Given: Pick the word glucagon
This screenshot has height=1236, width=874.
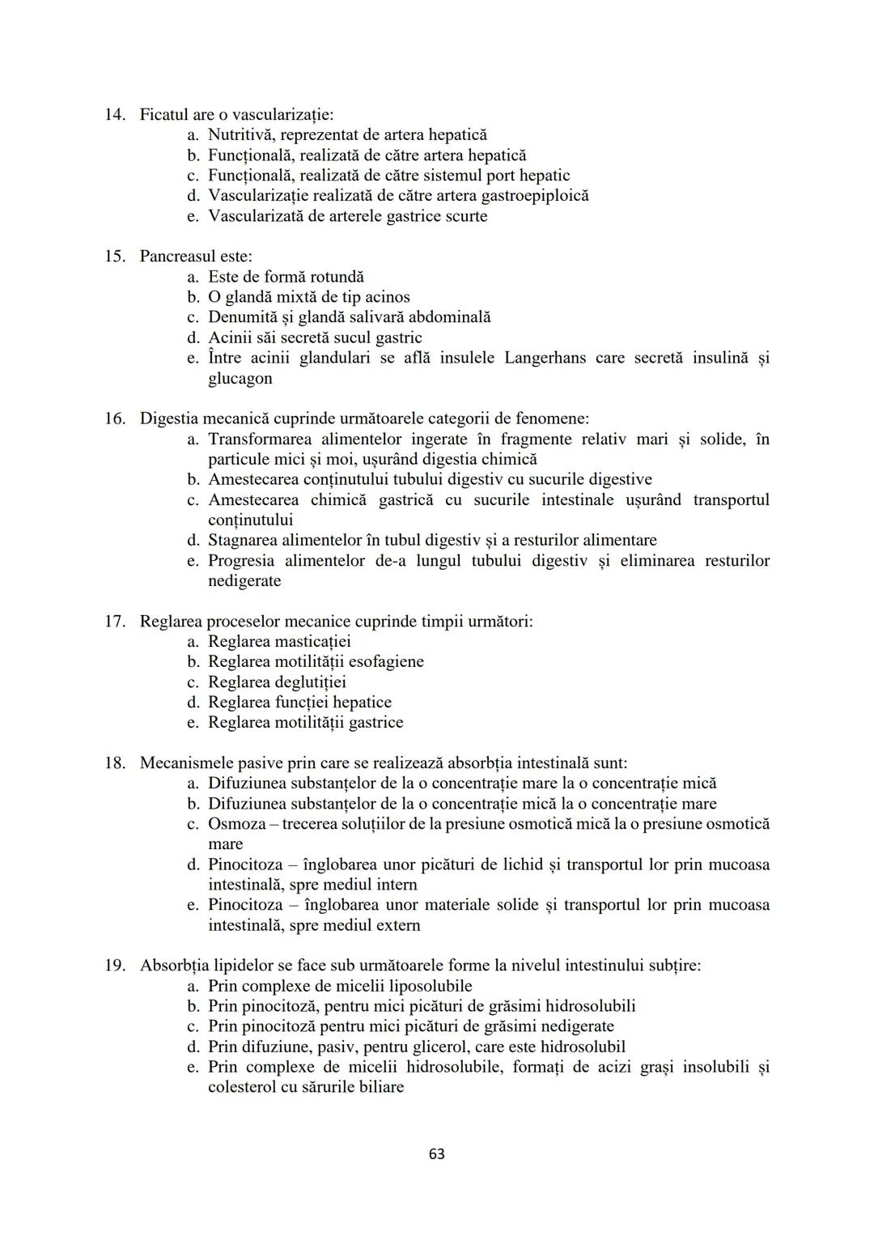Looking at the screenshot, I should pyautogui.click(x=240, y=378).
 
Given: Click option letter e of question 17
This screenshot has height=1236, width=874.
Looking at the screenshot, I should pyautogui.click(x=192, y=722).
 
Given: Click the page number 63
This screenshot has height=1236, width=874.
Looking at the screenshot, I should pyautogui.click(x=437, y=1153).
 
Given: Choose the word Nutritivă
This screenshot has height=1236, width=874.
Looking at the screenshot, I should pyautogui.click(x=240, y=135).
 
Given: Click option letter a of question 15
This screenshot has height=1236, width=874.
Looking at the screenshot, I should pyautogui.click(x=192, y=277).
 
